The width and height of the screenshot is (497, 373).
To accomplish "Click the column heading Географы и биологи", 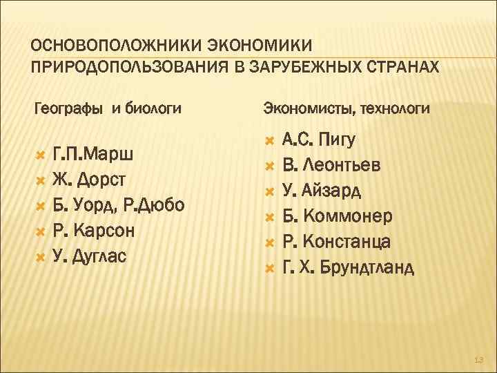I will [x=108, y=108].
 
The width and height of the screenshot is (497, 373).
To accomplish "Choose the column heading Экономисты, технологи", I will [x=347, y=108].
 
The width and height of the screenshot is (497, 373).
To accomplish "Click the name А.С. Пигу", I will [x=319, y=140].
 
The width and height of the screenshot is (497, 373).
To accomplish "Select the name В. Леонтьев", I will [x=331, y=166].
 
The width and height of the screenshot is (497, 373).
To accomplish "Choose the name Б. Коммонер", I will [x=338, y=217].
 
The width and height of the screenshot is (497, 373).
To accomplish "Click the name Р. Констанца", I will [x=337, y=242].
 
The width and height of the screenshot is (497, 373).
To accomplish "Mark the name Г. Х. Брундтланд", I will [x=348, y=267].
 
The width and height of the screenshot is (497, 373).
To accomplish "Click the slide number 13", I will [x=479, y=360].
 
